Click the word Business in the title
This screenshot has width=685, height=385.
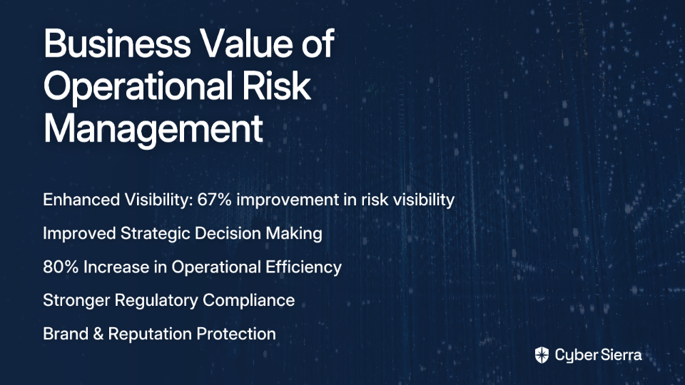point(117,43)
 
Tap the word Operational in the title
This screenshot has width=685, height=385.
point(138,87)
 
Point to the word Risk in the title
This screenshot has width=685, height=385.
point(276,86)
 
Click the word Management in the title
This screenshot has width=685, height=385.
point(153,130)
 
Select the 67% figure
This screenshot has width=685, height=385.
point(214,200)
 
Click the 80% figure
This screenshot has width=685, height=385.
point(61,267)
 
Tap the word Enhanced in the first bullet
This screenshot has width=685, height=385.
point(81,200)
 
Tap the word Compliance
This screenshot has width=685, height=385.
point(248,301)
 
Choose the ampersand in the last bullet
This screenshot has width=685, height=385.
point(98,334)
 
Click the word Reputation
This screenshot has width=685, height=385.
point(150,334)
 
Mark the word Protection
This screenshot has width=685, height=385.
point(236,334)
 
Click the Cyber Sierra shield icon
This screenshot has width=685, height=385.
point(542,355)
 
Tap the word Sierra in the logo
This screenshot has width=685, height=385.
point(620,355)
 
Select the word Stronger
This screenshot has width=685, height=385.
point(76,301)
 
